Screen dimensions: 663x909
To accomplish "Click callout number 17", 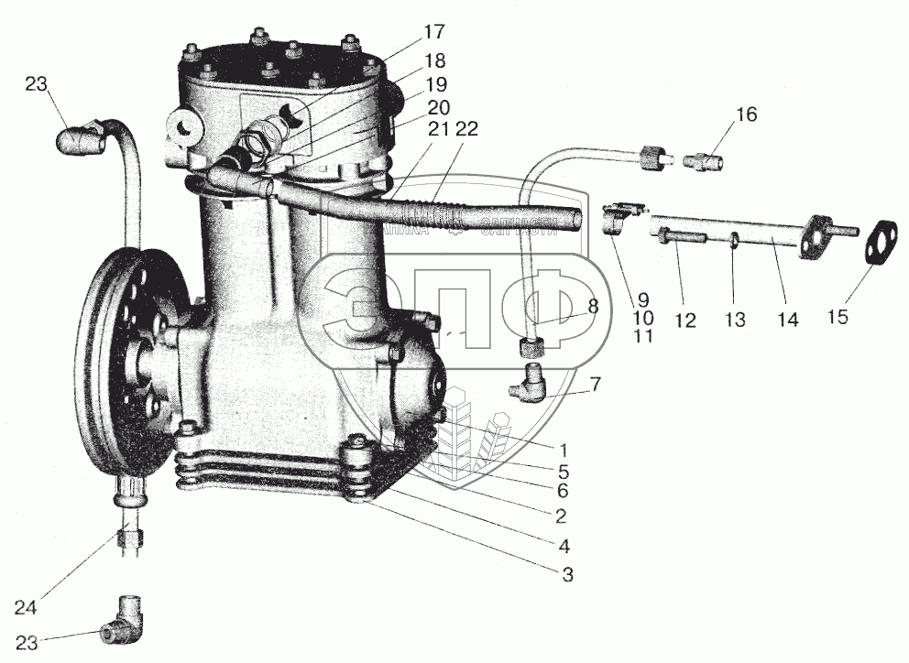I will point(434,32).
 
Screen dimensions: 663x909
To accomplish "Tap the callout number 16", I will point(747,114).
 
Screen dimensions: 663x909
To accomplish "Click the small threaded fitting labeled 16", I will point(706,163).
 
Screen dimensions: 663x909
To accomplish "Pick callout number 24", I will point(26,606).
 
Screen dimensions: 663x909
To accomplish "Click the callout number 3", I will point(567,575).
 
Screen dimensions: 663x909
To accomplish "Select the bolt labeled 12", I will point(684,239).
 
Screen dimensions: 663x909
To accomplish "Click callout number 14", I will point(787,320).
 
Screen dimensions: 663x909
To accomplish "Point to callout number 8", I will point(593,307).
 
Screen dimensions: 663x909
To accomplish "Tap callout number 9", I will point(642,299).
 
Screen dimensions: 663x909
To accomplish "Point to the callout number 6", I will point(564,492).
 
